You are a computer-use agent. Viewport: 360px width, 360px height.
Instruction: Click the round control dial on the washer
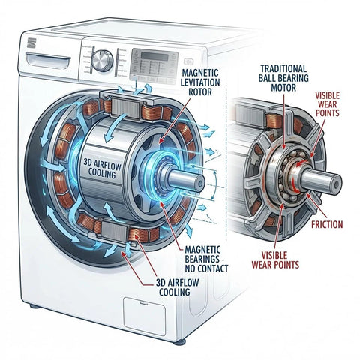[106, 58]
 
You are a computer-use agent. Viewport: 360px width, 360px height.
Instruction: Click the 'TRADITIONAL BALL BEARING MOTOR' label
[280, 73]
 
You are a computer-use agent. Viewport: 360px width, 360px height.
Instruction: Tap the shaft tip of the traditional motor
[334, 182]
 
